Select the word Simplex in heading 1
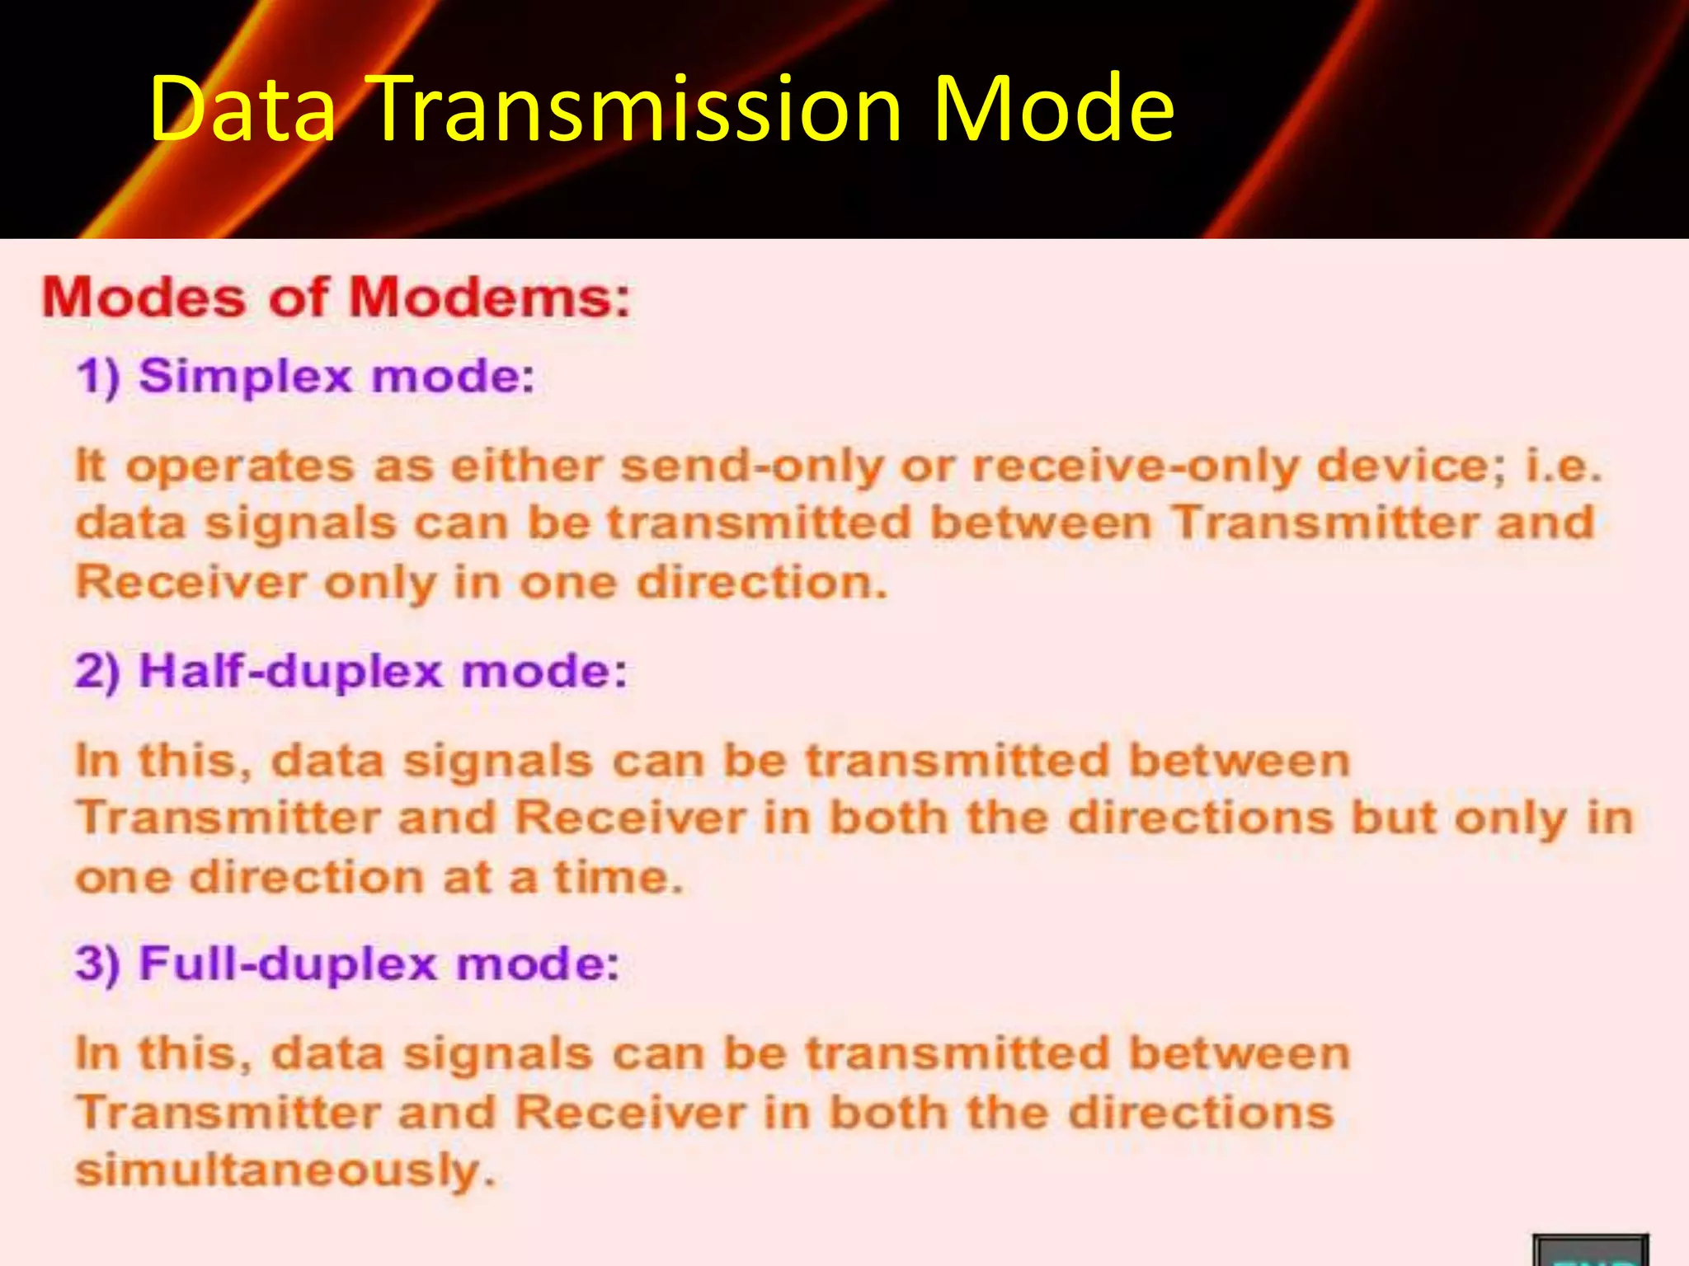(246, 377)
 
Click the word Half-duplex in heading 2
(290, 670)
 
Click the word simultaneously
(285, 1170)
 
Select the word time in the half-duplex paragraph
(618, 877)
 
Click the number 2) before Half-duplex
(98, 670)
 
